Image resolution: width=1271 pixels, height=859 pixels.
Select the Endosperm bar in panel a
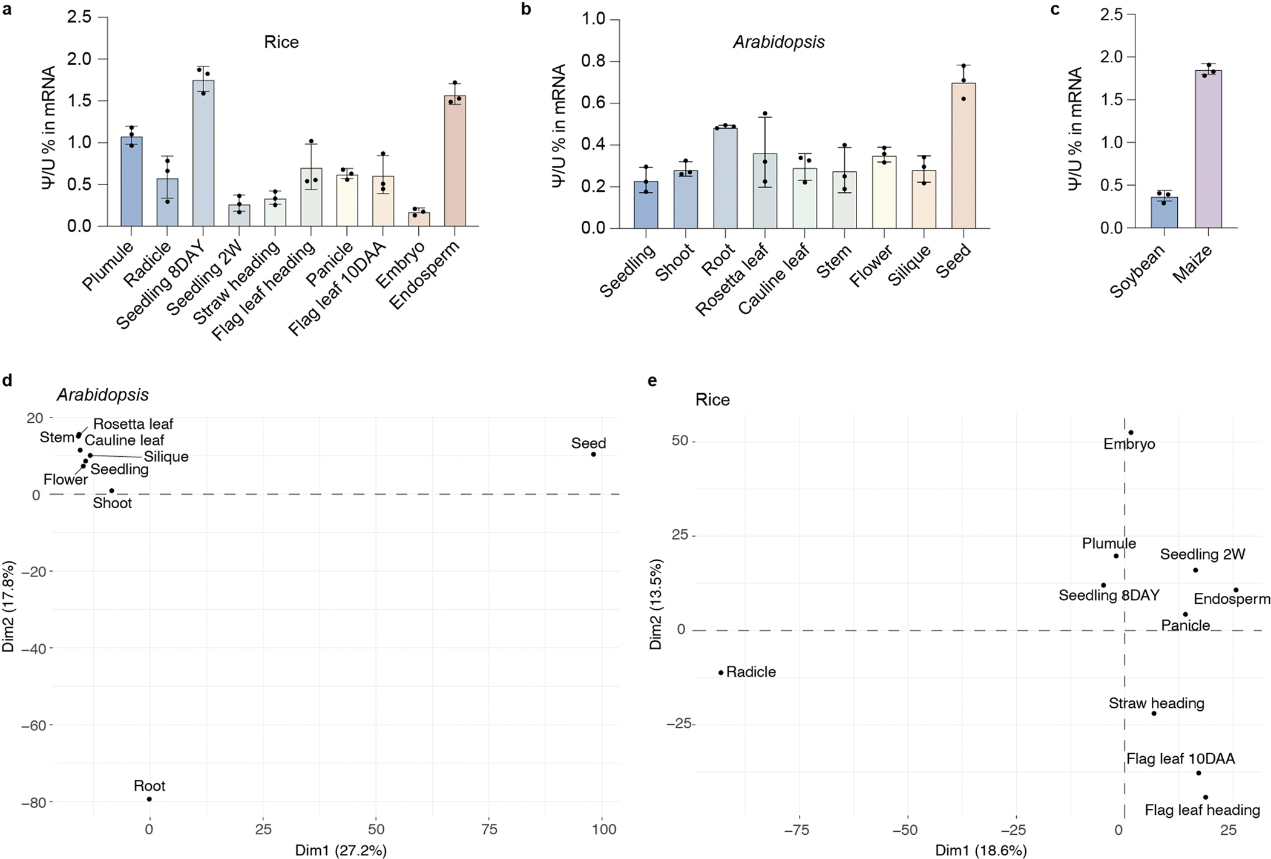coord(455,161)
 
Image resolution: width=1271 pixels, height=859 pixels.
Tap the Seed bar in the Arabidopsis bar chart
coord(964,156)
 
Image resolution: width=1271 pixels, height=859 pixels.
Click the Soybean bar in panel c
coord(1164,212)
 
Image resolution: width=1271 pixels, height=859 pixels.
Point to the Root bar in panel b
coord(725,178)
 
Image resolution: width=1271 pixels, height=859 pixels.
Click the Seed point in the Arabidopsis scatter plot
coord(593,454)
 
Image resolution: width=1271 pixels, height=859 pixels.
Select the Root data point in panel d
coord(149,799)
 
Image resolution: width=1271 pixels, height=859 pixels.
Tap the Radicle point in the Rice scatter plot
coord(721,673)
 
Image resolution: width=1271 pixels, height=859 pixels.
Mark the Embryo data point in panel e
coord(1131,433)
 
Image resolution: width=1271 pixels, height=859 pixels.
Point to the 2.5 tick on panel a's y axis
coord(80,17)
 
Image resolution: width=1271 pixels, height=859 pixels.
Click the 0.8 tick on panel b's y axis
coord(593,62)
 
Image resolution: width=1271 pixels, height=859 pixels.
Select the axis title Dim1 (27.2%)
coord(341,850)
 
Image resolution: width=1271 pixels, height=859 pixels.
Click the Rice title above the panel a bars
coord(281,42)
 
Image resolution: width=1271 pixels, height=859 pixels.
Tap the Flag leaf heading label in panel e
coord(1202,810)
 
